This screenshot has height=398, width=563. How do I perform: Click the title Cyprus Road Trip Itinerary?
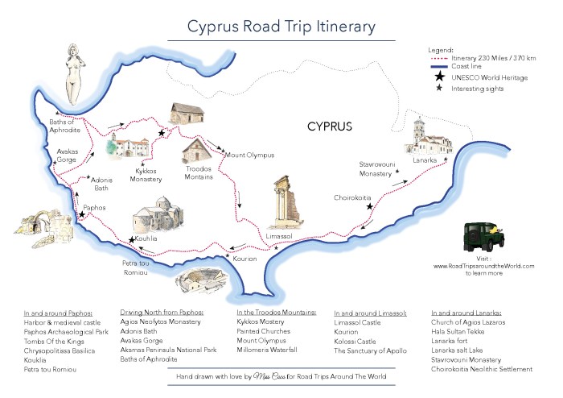281,26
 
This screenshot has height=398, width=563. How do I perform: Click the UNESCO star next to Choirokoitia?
369,206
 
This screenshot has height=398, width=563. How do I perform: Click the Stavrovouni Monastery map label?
375,168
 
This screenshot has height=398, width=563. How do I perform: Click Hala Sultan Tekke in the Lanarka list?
462,331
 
